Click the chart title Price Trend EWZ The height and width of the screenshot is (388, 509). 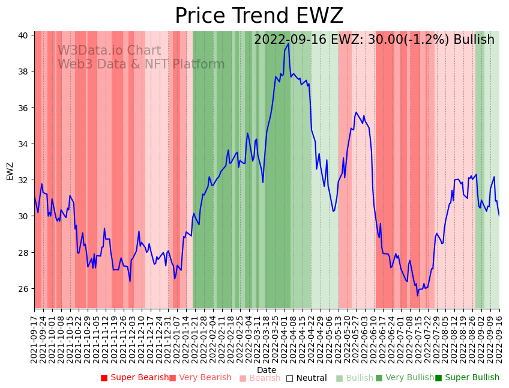[259, 16]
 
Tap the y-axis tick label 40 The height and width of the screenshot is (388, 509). [22, 35]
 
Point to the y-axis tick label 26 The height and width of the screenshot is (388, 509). [22, 289]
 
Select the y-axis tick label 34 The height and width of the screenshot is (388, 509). [22, 144]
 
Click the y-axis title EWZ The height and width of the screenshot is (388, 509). [10, 171]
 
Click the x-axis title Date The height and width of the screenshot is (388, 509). [267, 370]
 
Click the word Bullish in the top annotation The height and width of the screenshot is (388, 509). [474, 40]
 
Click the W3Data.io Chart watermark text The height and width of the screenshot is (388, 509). [109, 51]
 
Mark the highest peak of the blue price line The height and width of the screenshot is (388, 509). [288, 43]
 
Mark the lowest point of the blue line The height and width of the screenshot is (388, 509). [417, 295]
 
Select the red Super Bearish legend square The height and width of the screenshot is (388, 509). [104, 378]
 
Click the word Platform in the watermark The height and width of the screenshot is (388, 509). [199, 64]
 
